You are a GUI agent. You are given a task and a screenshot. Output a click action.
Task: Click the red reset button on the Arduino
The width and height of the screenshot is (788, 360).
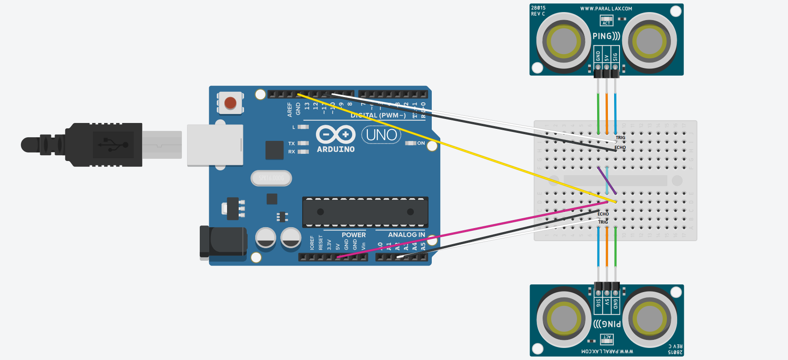230,103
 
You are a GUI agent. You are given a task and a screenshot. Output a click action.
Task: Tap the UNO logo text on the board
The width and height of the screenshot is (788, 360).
381,135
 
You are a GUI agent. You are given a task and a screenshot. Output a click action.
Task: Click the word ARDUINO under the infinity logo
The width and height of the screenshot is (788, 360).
336,149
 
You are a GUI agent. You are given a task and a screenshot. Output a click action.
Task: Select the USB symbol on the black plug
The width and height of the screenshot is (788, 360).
113,144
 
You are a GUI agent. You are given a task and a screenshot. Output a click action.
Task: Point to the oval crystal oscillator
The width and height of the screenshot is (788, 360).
271,178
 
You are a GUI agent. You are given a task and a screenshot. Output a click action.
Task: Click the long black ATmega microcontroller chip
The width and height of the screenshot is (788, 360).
365,212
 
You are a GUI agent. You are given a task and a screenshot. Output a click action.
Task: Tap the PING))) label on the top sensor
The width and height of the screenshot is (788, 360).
606,36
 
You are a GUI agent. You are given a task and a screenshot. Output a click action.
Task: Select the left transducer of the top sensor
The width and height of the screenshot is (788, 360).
564,42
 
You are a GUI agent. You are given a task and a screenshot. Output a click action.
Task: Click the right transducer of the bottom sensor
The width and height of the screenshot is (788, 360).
649,319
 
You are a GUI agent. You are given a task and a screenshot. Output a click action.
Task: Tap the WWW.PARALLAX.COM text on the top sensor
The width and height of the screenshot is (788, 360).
606,8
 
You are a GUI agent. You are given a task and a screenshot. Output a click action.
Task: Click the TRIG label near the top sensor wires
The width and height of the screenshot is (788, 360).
620,137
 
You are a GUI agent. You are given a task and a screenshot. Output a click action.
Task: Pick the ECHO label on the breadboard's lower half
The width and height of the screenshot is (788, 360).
603,214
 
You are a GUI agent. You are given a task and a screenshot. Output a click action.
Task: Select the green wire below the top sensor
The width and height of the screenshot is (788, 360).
598,112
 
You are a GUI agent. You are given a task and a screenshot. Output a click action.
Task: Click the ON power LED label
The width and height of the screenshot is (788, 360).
421,143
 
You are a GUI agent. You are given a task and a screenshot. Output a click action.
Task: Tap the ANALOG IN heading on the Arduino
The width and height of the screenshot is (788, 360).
406,235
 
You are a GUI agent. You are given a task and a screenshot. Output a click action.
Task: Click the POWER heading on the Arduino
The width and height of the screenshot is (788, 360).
354,235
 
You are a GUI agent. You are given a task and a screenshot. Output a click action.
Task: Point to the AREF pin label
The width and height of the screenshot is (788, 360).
290,110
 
